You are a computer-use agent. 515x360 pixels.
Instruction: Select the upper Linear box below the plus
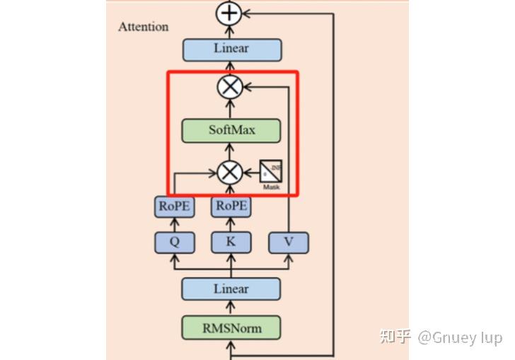231,49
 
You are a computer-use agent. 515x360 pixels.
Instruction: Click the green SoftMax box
231,130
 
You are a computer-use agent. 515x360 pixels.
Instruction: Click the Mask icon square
272,170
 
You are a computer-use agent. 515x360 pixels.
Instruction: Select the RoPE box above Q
173,207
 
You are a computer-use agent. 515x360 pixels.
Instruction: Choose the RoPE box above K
231,207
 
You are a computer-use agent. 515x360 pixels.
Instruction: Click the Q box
173,242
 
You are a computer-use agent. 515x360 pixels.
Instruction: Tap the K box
231,242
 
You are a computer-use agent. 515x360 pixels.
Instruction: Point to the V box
288,243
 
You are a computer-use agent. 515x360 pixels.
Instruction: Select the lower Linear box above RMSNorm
231,289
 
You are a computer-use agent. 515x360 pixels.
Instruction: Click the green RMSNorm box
231,327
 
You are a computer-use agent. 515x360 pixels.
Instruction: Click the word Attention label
144,27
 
